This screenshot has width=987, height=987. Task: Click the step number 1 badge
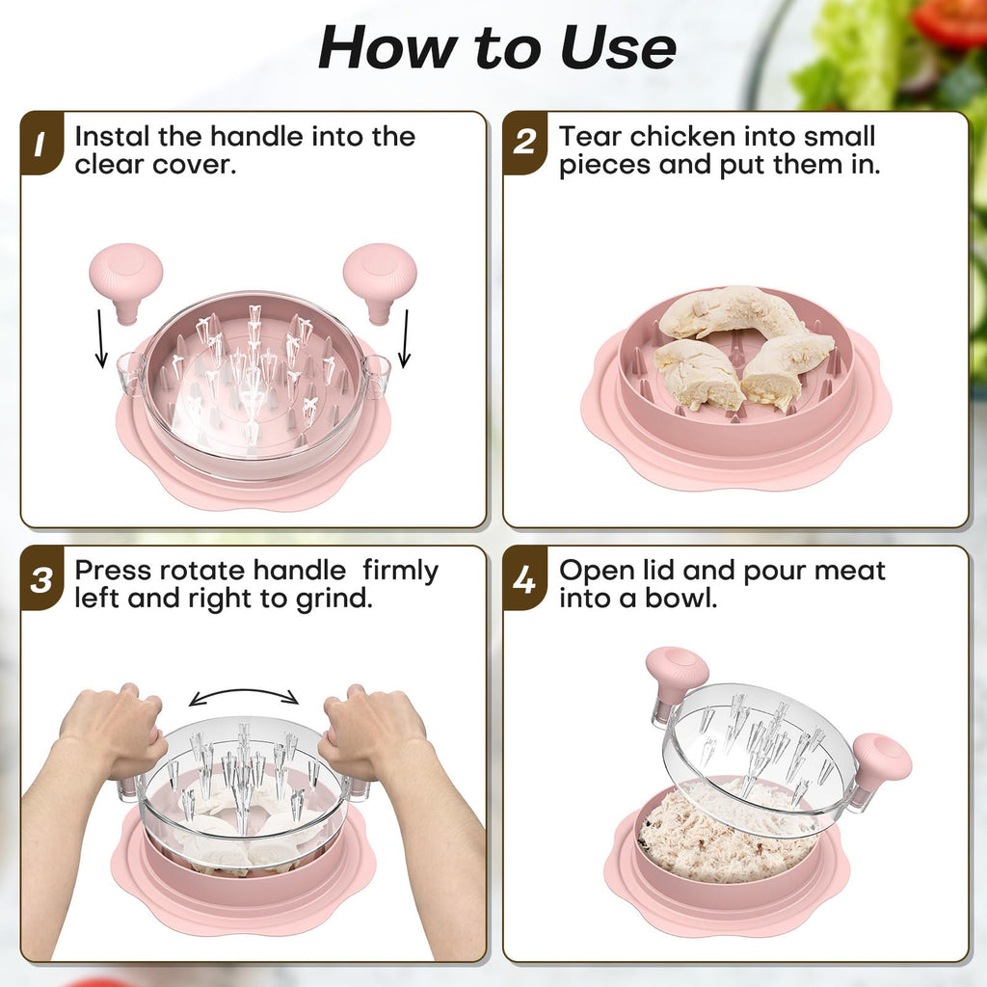click(41, 144)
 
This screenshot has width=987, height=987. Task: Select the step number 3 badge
click(41, 579)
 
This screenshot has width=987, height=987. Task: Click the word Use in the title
click(618, 48)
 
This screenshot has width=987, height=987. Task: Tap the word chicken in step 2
click(682, 136)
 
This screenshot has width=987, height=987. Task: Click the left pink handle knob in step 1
click(126, 282)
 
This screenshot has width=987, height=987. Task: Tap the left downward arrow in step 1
click(100, 338)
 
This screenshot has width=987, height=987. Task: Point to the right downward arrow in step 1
click(405, 338)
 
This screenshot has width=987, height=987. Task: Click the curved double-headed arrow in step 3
click(244, 691)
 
